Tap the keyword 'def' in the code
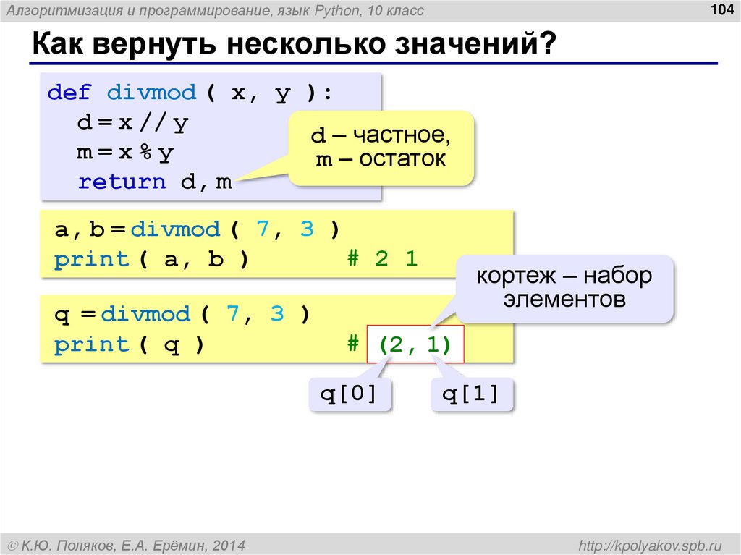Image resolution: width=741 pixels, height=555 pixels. tap(69, 93)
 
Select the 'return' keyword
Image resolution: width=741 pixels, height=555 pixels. tap(122, 182)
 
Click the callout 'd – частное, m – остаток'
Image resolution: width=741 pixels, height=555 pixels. tap(381, 147)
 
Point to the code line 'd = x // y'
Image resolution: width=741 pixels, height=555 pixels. tap(132, 123)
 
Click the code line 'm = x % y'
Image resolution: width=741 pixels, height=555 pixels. tap(125, 153)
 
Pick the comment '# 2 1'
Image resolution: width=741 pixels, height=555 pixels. tap(382, 259)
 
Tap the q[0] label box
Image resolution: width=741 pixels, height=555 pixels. tap(349, 395)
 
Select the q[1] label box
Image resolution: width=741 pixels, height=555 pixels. tap(471, 395)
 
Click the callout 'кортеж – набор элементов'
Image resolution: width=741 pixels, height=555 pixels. tap(564, 287)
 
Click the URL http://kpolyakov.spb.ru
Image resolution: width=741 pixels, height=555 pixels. tap(647, 543)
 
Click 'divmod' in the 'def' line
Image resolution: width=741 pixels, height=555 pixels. tap(151, 93)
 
